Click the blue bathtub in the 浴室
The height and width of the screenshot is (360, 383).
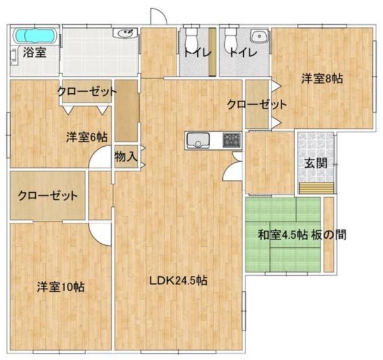point(35,36)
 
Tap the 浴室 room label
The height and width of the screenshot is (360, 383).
point(34,53)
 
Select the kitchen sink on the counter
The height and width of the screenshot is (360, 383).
point(198,140)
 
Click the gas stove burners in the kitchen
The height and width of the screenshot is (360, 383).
point(231,140)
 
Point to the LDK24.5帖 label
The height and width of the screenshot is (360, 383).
point(178,281)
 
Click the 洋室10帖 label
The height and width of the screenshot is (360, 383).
point(61,287)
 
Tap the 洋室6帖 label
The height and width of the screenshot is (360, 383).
point(87,137)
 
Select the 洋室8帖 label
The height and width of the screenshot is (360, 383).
point(322,79)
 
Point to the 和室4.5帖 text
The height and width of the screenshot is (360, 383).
point(283,235)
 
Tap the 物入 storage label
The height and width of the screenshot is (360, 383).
point(126,156)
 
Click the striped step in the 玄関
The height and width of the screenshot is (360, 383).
point(317,188)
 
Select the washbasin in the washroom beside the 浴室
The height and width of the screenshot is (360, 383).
point(124,33)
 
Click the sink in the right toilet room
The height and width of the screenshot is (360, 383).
point(259,36)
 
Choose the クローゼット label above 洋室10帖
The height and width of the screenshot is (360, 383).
point(48,196)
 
